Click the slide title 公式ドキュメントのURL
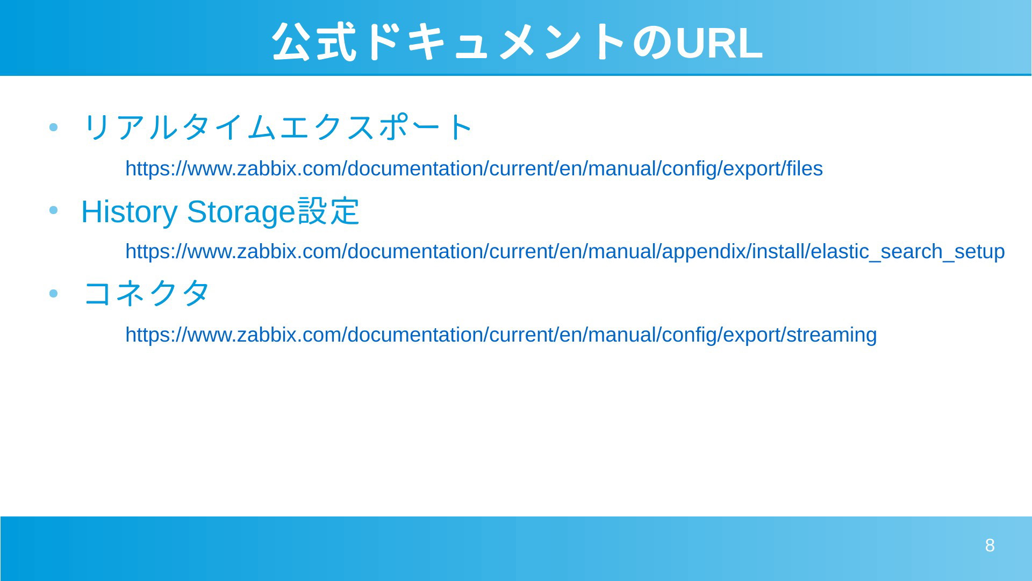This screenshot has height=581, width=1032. point(517,42)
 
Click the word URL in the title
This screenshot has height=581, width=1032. point(719,43)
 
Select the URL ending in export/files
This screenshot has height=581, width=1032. point(474,169)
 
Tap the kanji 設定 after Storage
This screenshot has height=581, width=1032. point(328,211)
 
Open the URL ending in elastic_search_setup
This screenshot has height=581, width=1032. point(565,252)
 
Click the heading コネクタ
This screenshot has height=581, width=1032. point(146,293)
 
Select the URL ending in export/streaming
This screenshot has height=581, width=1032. point(501,335)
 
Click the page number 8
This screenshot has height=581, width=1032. point(990,545)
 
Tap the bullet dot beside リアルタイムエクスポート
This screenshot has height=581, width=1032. point(53,128)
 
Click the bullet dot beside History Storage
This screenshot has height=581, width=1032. point(53,211)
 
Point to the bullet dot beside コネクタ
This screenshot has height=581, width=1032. point(53,294)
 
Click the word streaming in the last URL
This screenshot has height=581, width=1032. point(832,335)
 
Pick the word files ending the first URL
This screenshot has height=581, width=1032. point(805,169)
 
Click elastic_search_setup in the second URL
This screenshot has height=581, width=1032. point(908,252)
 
